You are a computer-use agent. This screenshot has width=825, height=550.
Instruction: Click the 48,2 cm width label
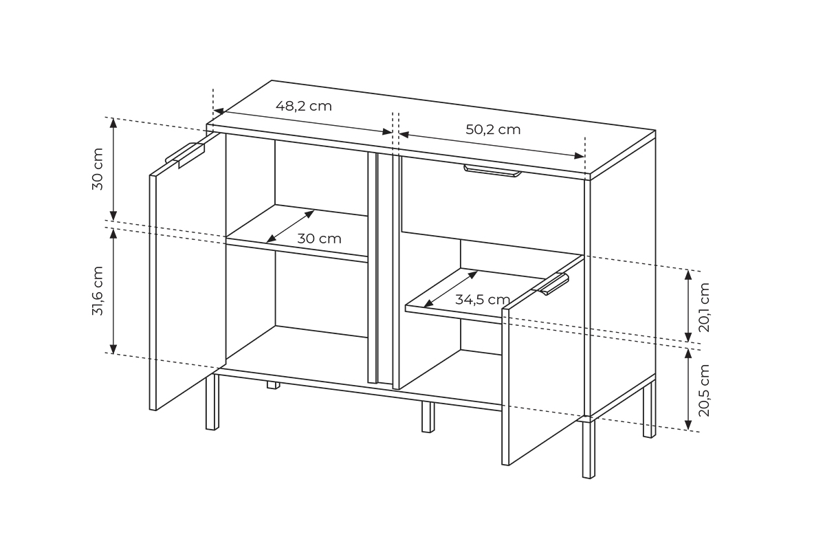click(x=304, y=106)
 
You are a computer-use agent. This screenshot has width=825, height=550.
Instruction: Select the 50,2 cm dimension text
click(x=493, y=130)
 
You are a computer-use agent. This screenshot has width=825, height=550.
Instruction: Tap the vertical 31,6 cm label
click(x=98, y=291)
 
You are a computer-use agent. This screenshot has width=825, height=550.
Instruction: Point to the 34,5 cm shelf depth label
click(x=483, y=300)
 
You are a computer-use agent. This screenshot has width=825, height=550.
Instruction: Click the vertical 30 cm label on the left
click(x=98, y=168)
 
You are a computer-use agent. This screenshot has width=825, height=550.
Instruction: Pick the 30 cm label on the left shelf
click(x=319, y=239)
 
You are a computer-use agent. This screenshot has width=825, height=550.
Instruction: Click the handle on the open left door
click(x=185, y=155)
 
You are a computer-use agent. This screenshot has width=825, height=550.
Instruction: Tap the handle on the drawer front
click(x=492, y=171)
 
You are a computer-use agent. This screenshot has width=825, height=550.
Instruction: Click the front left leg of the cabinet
click(x=212, y=402)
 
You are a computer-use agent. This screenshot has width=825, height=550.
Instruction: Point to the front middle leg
click(x=428, y=417)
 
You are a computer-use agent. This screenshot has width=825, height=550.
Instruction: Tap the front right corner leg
click(x=588, y=449)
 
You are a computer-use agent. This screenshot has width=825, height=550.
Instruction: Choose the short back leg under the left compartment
click(x=273, y=385)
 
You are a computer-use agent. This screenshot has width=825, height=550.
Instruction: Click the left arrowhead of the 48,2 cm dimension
click(x=219, y=111)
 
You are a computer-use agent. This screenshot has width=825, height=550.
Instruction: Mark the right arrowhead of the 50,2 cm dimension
click(x=579, y=156)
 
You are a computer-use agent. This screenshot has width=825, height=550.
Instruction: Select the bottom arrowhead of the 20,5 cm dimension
click(x=688, y=425)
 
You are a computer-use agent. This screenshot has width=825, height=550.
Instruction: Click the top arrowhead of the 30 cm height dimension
click(x=113, y=123)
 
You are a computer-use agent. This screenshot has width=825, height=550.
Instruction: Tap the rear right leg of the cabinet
click(x=649, y=409)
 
